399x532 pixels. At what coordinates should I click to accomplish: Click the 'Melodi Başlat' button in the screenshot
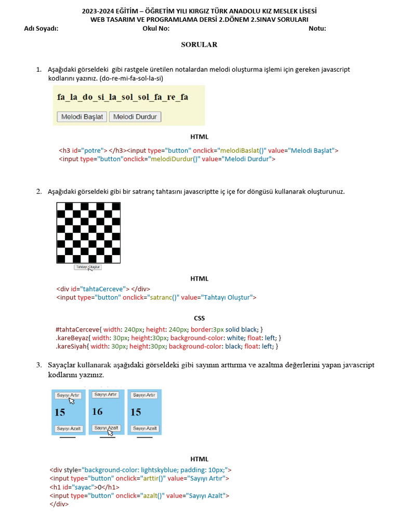click(82, 117)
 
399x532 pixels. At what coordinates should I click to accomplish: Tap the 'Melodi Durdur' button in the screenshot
click(135, 117)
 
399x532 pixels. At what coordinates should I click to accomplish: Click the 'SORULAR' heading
click(199, 45)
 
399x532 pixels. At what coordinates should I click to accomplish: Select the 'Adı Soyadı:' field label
click(42, 29)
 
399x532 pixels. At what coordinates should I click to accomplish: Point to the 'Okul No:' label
click(156, 29)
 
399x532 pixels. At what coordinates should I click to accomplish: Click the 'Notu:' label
click(317, 29)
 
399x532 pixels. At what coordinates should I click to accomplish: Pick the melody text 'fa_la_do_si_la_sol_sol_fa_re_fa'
click(123, 97)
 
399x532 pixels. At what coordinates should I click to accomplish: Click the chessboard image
click(88, 233)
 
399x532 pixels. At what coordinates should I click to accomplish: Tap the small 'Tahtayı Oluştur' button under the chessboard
click(88, 267)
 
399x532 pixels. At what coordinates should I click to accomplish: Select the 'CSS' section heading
click(199, 318)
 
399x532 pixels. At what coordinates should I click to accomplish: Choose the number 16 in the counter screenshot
click(97, 411)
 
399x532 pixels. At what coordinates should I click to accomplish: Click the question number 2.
click(38, 192)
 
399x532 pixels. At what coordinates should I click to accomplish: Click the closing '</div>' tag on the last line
click(59, 504)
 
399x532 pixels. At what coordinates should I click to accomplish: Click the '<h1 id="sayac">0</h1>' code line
click(84, 487)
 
